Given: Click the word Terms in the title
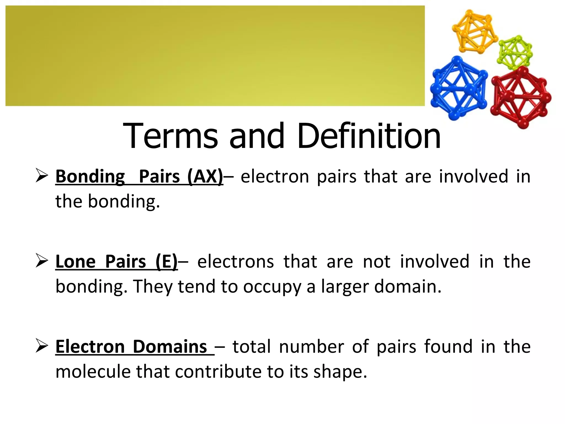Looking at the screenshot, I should pyautogui.click(x=170, y=136).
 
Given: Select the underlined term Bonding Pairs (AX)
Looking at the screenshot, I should pyautogui.click(x=139, y=177).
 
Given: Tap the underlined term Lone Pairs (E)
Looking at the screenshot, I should pyautogui.click(x=116, y=261).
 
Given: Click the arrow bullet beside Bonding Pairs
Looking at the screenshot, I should pyautogui.click(x=42, y=176).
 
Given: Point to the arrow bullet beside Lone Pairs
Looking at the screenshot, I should pyautogui.click(x=42, y=261).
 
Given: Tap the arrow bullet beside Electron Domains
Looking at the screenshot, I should pyautogui.click(x=42, y=346).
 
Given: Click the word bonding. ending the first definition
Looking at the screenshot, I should pyautogui.click(x=124, y=202).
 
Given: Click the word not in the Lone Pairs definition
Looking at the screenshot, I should pyautogui.click(x=377, y=261).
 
